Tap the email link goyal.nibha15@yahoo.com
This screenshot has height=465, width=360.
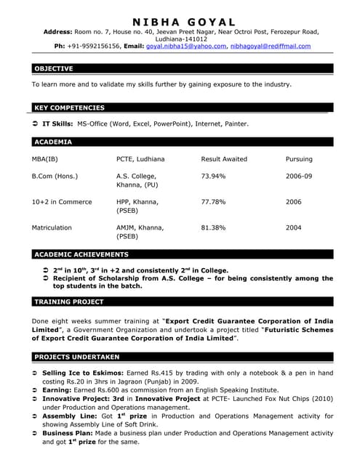pyautogui.click(x=186, y=46)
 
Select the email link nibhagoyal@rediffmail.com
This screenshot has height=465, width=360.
pyautogui.click(x=270, y=46)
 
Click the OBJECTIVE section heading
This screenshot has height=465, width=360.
pyautogui.click(x=53, y=69)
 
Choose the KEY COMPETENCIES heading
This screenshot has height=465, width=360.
pyautogui.click(x=69, y=108)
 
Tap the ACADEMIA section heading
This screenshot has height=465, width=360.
pyautogui.click(x=52, y=142)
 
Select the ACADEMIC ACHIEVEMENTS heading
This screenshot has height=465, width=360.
pyautogui.click(x=81, y=255)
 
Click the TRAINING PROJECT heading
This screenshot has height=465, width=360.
pyautogui.click(x=69, y=302)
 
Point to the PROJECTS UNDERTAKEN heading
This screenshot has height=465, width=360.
pyautogui.click(x=76, y=357)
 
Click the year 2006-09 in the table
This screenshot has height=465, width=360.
pyautogui.click(x=298, y=177)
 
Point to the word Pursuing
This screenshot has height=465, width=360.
pyautogui.click(x=299, y=159)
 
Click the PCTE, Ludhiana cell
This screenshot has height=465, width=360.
pyautogui.click(x=140, y=159)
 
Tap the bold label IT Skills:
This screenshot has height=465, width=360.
pyautogui.click(x=58, y=124)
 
